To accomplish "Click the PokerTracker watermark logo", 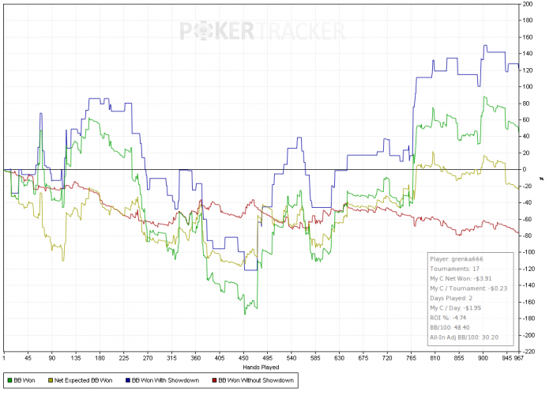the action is pyautogui.click(x=262, y=31).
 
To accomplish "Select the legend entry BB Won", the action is pyautogui.click(x=21, y=380).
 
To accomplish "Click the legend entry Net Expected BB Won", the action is pyautogui.click(x=81, y=380).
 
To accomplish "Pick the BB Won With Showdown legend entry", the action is pyautogui.click(x=162, y=380).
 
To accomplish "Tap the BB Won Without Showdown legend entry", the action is pyautogui.click(x=253, y=380).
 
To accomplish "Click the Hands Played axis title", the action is pyautogui.click(x=261, y=368).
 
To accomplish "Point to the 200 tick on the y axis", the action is pyautogui.click(x=528, y=4).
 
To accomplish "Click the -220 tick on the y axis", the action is pyautogui.click(x=528, y=352).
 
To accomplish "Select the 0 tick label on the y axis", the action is pyautogui.click(x=525, y=169).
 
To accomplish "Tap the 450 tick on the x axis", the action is pyautogui.click(x=243, y=358).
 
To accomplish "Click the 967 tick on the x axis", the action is pyautogui.click(x=518, y=358).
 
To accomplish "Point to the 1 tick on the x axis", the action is pyautogui.click(x=4, y=358).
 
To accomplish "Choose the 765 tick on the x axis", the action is pyautogui.click(x=412, y=358).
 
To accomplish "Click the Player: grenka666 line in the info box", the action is pyautogui.click(x=457, y=259).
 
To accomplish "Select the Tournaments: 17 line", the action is pyautogui.click(x=454, y=269).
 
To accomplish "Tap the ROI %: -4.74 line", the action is pyautogui.click(x=448, y=318).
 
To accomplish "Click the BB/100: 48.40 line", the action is pyautogui.click(x=450, y=327).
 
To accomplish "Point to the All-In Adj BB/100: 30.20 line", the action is pyautogui.click(x=465, y=338).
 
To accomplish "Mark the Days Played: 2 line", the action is pyautogui.click(x=451, y=298).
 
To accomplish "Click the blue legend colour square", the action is pyautogui.click(x=128, y=380).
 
